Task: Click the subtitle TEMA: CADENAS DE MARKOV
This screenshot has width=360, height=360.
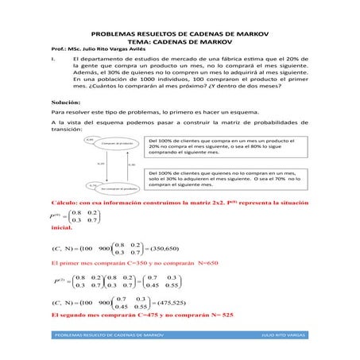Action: click(x=180, y=44)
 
